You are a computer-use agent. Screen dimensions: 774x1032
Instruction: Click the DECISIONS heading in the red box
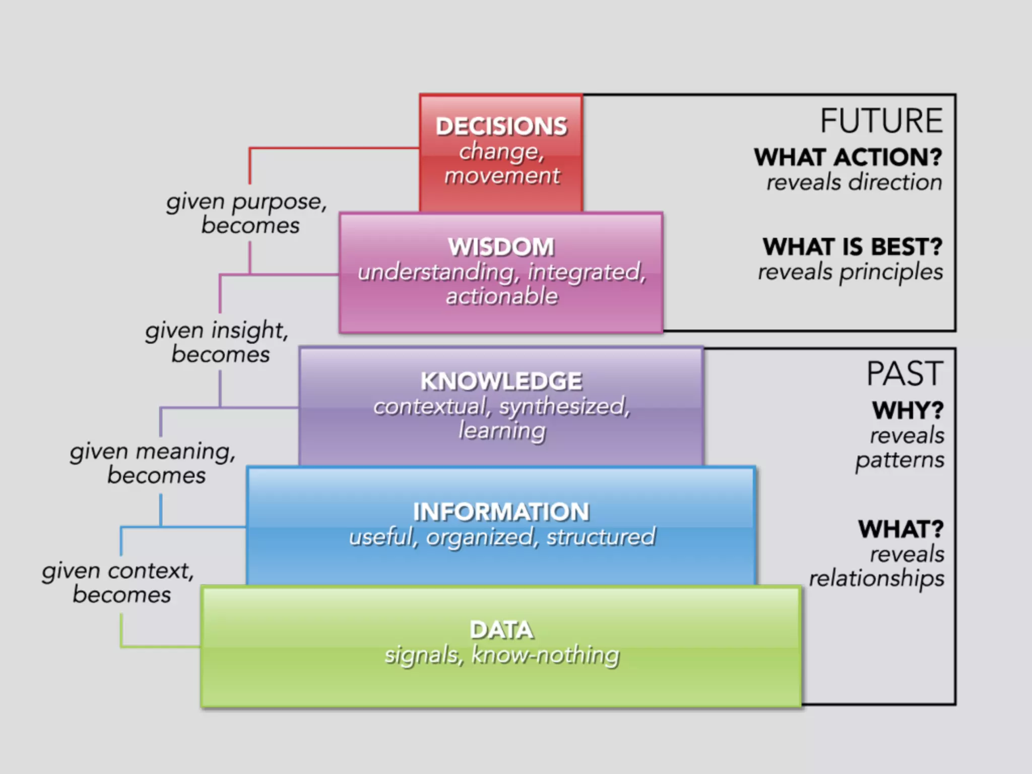pyautogui.click(x=501, y=126)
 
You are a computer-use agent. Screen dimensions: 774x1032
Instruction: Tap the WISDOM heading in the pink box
pyautogui.click(x=501, y=247)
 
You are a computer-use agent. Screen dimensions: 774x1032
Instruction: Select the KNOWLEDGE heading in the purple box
pyautogui.click(x=501, y=381)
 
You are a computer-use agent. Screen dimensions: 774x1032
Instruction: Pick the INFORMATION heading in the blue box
pyautogui.click(x=501, y=512)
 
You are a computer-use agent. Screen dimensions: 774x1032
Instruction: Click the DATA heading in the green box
pyautogui.click(x=501, y=630)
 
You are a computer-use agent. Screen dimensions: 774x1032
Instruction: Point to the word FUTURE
pyautogui.click(x=881, y=121)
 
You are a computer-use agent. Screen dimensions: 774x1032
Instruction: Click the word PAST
pyautogui.click(x=905, y=374)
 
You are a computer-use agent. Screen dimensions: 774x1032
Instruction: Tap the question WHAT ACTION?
pyautogui.click(x=848, y=157)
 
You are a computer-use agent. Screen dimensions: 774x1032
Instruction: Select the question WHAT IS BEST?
pyautogui.click(x=853, y=247)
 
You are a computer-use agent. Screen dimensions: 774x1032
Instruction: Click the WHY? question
pyautogui.click(x=908, y=410)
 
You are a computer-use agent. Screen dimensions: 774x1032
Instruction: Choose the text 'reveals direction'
pyautogui.click(x=854, y=182)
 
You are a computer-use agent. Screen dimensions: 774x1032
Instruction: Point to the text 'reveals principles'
pyautogui.click(x=851, y=272)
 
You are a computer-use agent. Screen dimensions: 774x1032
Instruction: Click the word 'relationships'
pyautogui.click(x=877, y=578)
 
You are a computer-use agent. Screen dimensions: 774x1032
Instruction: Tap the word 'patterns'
pyautogui.click(x=900, y=460)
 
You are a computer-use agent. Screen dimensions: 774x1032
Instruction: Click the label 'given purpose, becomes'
pyautogui.click(x=247, y=213)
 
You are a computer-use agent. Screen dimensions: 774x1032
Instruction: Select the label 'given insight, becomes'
pyautogui.click(x=218, y=342)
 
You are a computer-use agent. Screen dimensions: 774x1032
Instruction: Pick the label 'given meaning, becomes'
pyautogui.click(x=153, y=463)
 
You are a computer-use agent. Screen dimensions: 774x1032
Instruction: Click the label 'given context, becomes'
pyautogui.click(x=119, y=583)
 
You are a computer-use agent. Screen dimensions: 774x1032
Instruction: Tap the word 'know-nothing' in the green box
pyautogui.click(x=545, y=655)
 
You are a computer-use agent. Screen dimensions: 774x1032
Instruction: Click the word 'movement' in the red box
pyautogui.click(x=502, y=176)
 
